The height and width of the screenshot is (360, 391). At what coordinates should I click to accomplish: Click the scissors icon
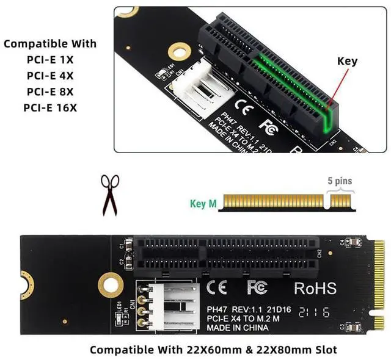coord(111,194)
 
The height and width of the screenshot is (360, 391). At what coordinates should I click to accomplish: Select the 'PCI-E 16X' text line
coord(51,108)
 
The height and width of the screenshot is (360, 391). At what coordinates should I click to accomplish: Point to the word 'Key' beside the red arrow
coord(347,61)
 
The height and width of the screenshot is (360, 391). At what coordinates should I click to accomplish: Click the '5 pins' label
coord(340,181)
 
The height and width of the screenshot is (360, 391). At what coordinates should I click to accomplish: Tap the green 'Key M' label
coord(203,204)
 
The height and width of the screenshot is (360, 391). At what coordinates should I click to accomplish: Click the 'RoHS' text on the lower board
coord(315,287)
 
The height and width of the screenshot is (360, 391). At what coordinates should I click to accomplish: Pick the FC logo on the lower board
coord(257,286)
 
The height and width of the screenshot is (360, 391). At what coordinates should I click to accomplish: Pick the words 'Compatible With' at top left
coord(50,44)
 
